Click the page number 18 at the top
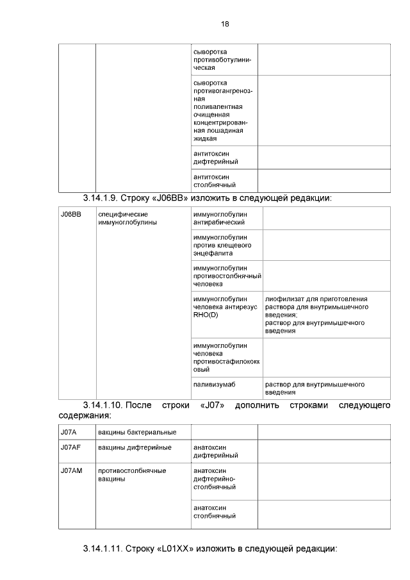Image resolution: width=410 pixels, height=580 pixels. pos(224,24)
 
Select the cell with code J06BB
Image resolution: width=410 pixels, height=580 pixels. pos(70,214)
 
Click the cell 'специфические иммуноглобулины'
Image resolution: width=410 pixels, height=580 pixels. pos(127,218)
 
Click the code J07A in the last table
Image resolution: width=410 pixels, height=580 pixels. pos(69,433)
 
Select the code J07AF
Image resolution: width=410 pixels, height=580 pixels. pos(70,447)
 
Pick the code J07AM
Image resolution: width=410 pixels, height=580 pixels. pos(71,471)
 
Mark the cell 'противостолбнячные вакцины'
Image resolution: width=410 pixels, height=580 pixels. pos(131,475)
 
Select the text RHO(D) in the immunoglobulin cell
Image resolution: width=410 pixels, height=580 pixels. pos(206,315)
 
